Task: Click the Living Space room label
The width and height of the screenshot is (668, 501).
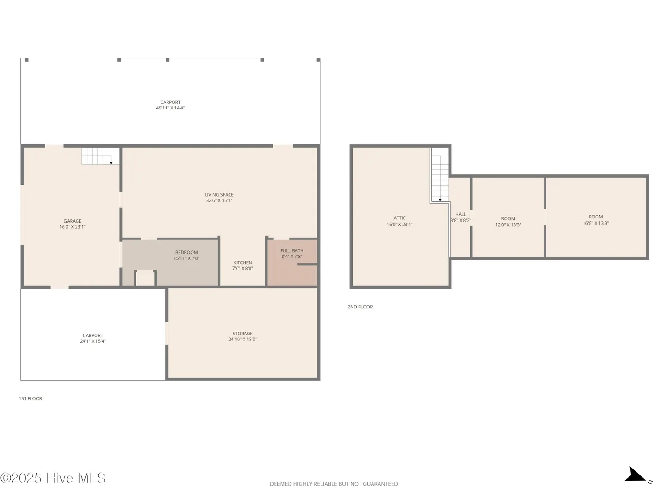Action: click(x=219, y=195)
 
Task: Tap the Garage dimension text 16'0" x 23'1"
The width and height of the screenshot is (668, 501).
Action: click(x=72, y=227)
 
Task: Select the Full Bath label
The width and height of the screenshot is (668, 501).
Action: click(x=292, y=250)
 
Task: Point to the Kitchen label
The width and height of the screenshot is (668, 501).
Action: click(x=243, y=263)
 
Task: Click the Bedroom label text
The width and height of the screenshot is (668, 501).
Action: click(x=186, y=253)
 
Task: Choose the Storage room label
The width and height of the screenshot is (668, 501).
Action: click(x=243, y=334)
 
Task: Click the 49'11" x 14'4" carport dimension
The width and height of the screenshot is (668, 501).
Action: click(x=170, y=108)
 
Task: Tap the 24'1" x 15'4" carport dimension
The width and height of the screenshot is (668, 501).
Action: click(x=93, y=341)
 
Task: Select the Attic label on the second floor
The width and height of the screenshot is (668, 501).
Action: click(x=399, y=218)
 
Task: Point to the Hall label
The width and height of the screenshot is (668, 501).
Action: click(x=461, y=214)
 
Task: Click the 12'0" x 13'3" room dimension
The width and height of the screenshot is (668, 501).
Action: click(x=508, y=225)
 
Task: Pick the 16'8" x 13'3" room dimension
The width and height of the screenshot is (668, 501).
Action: click(x=596, y=223)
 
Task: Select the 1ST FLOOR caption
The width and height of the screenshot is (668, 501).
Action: click(x=31, y=399)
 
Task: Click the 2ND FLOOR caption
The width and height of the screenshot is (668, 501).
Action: click(x=360, y=307)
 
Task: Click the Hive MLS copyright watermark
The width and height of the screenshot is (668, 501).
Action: click(x=53, y=478)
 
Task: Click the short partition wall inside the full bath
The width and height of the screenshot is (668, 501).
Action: click(x=308, y=264)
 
